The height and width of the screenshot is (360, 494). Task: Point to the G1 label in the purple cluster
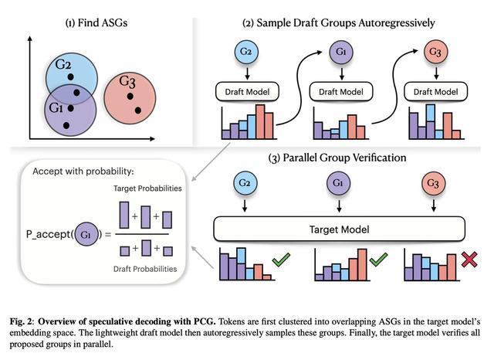(55, 107)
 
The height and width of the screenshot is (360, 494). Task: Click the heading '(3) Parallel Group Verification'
(338, 158)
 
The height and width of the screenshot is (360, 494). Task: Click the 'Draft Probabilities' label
(145, 269)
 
